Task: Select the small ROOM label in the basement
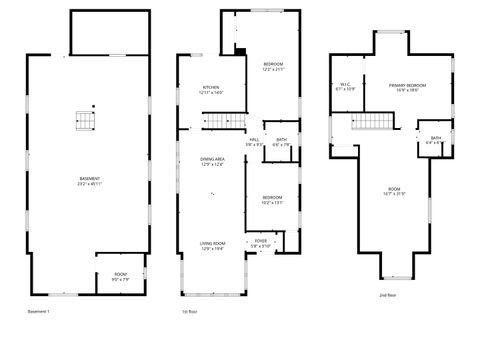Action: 120,276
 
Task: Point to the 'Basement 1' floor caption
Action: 40,312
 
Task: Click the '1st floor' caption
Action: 187,312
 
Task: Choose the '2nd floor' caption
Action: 387,296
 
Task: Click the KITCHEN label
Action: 212,89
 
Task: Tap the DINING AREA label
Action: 212,161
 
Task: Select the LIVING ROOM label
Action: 212,245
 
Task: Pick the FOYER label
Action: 260,243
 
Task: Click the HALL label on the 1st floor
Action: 255,141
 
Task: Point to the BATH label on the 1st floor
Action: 282,141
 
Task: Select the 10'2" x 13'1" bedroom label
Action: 272,199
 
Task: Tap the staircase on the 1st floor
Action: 220,122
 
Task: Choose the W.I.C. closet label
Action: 344,87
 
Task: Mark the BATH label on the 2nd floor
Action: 435,139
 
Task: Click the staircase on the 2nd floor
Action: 371,123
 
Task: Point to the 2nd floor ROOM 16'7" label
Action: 393,192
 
